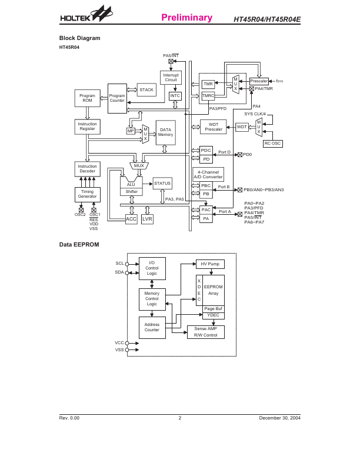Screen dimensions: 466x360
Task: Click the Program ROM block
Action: coord(88,99)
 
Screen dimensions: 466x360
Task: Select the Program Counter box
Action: coord(117,98)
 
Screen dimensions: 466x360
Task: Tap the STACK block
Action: coord(146,90)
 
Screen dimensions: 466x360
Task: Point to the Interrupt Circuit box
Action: coord(171,78)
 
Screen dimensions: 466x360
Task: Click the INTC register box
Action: coord(175,96)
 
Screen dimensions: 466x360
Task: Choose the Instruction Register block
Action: coord(87,127)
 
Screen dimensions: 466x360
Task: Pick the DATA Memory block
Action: coord(165,132)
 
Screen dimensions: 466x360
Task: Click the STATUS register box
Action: coord(162,184)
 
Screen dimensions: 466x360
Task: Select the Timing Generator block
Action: coord(87,195)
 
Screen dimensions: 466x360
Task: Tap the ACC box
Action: coord(131,219)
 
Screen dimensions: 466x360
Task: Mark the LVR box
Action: coord(147,219)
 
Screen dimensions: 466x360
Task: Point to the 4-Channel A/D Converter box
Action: coord(208,174)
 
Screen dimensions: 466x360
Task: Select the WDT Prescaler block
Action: coord(214,127)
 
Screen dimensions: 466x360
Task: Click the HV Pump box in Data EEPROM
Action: coord(211,264)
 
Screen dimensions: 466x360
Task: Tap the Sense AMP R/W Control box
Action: coord(206,332)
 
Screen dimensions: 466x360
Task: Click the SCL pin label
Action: coord(119,264)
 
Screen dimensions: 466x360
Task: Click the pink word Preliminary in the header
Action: coord(186,18)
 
